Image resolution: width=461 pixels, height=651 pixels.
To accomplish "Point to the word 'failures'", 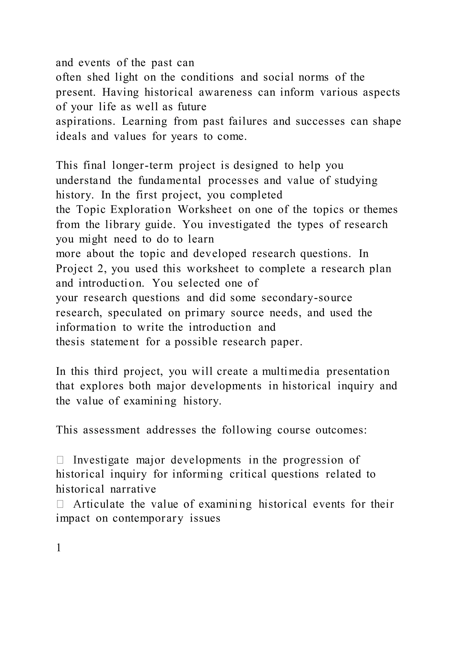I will click(248, 121).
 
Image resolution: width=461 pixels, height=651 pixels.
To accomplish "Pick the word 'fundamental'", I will click(170, 180).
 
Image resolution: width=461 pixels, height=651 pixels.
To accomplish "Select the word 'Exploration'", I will click(141, 210).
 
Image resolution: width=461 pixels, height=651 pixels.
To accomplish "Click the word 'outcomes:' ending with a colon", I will click(341, 430).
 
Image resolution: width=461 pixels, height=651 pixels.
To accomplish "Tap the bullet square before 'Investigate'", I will click(60, 460).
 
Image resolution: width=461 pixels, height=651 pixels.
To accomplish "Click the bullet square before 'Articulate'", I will click(60, 504).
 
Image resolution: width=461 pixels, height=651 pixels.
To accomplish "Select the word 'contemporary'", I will click(148, 519).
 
